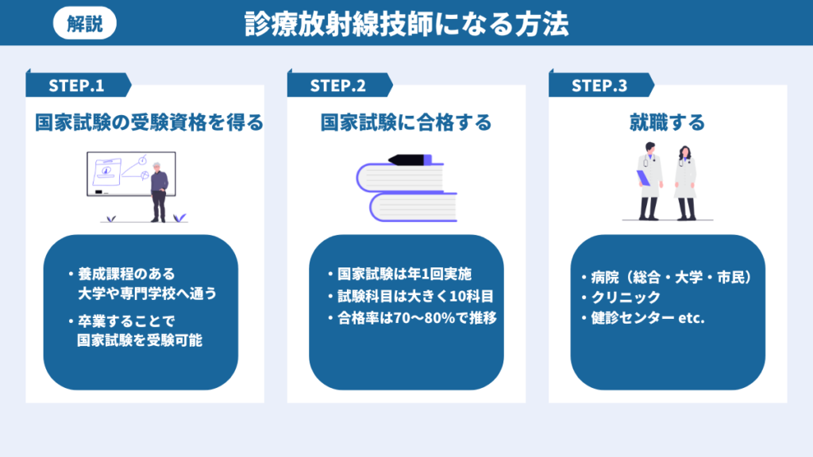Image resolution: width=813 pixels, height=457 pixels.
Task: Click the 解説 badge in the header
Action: [x=85, y=24]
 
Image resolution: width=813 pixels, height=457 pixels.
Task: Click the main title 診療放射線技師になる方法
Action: [x=406, y=24]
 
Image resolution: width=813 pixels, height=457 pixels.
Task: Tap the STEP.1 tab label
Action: [x=76, y=86]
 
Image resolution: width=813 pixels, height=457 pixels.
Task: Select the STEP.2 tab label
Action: [x=337, y=86]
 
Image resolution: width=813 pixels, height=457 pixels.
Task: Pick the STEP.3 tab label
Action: [x=599, y=86]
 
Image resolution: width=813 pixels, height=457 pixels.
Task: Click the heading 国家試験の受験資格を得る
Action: [x=149, y=123]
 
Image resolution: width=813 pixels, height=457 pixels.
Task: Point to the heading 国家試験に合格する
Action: [x=406, y=123]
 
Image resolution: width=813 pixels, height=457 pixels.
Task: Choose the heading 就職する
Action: [x=667, y=123]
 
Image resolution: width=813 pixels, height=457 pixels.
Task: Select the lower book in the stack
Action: [x=413, y=207]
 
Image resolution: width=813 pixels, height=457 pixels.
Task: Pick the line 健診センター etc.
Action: [x=648, y=319]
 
